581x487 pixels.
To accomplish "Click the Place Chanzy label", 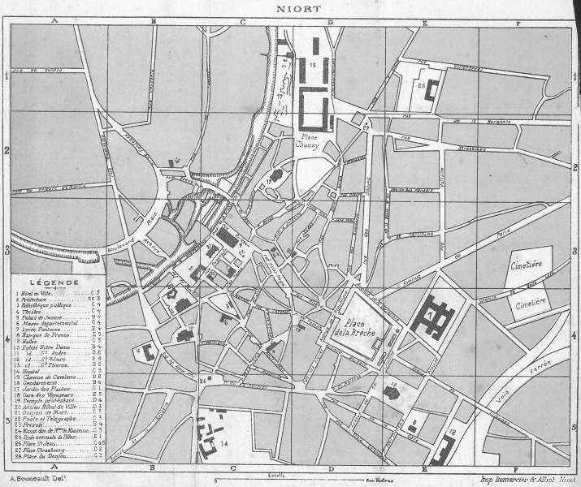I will pyautogui.click(x=310, y=140).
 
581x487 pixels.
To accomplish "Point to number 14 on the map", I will pyautogui.click(x=224, y=443).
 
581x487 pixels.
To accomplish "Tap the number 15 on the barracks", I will pyautogui.click(x=314, y=62).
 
